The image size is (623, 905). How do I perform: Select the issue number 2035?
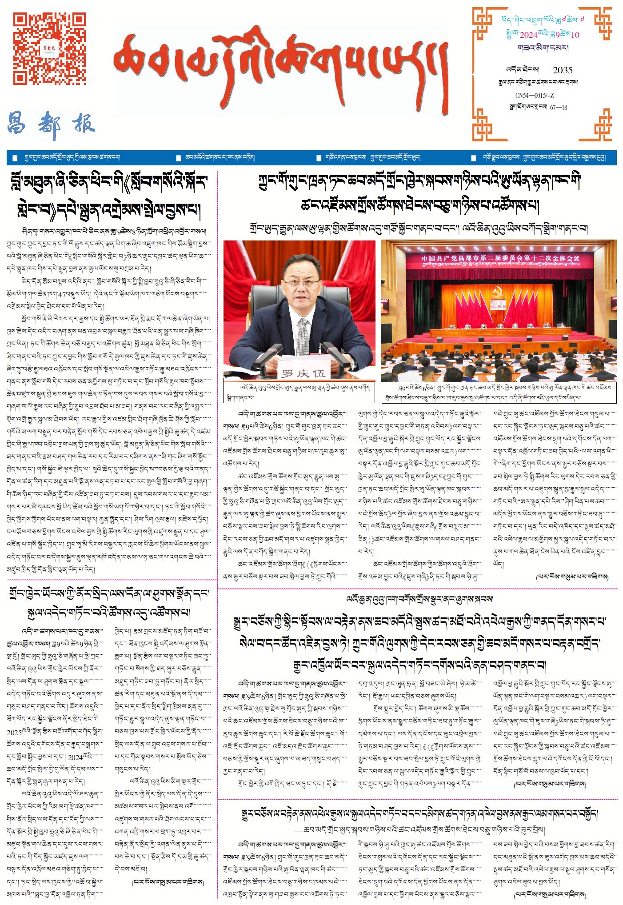(562, 70)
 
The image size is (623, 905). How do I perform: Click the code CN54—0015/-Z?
(534, 96)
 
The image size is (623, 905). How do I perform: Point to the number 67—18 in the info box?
(558, 107)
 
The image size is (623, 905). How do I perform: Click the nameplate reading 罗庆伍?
(303, 373)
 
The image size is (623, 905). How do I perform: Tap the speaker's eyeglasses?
(301, 283)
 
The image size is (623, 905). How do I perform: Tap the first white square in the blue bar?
(15, 158)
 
